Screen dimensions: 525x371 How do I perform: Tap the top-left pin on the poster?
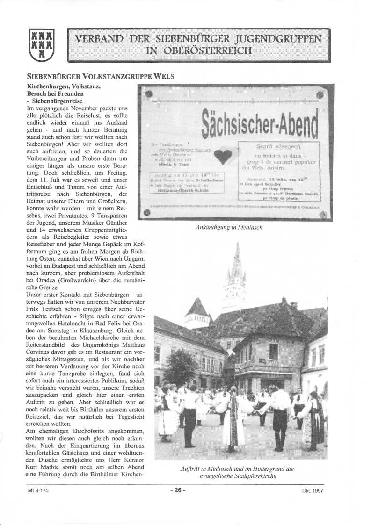pos(149,95)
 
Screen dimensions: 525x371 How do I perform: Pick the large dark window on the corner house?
pos(274,351)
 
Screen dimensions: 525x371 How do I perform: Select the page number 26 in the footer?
pos(178,490)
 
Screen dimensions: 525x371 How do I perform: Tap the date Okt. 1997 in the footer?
pos(313,491)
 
